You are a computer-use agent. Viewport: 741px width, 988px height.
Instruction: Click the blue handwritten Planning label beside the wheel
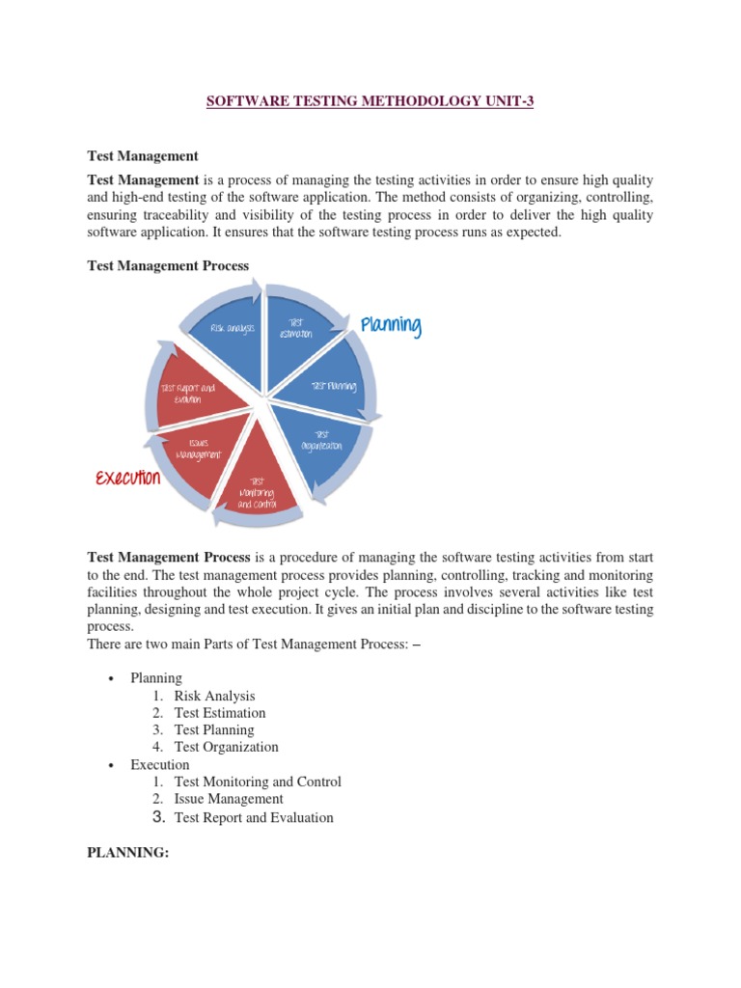coord(391,326)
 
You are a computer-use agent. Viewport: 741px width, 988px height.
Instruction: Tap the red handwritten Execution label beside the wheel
coord(128,478)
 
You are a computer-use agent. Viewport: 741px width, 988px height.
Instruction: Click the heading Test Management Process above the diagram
coord(168,265)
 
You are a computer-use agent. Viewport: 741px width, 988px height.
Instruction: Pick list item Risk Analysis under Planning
coord(214,696)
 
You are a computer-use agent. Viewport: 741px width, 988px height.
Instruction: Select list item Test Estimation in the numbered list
coord(219,713)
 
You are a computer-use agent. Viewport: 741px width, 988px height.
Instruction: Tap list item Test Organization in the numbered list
coord(226,747)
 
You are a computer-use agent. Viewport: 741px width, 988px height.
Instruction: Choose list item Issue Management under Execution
coord(229,799)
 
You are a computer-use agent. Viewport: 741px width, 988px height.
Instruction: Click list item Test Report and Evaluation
coord(254,817)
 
